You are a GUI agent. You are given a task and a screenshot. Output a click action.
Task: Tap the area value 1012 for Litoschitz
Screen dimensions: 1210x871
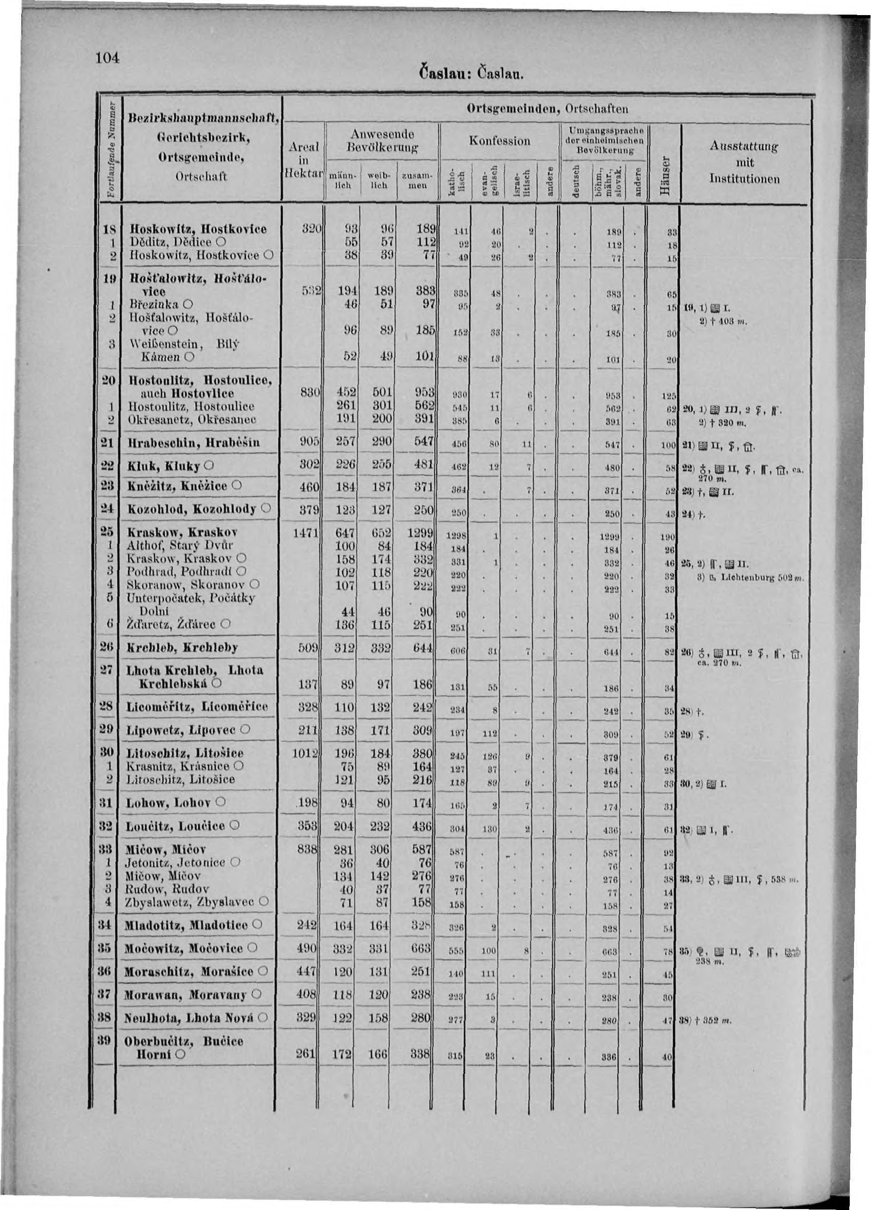pos(306,753)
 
